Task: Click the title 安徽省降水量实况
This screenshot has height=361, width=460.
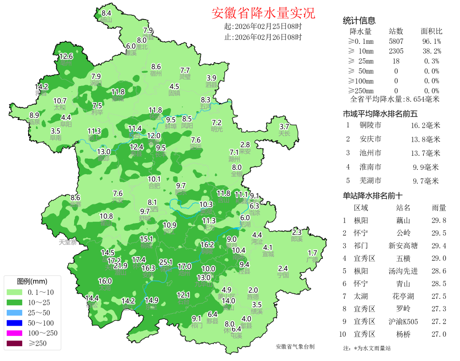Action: (x=263, y=13)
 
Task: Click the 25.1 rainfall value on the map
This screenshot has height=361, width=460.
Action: (x=166, y=262)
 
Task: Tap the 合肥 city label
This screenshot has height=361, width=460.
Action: (x=154, y=186)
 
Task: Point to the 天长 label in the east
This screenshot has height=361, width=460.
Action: (x=284, y=133)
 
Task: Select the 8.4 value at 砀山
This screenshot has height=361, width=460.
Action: (x=106, y=13)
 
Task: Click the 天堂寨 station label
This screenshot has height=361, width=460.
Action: (x=67, y=242)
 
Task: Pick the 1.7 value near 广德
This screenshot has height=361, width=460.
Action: (x=313, y=253)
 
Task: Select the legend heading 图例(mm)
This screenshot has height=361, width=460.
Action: (x=32, y=281)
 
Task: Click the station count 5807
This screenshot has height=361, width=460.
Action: (x=396, y=41)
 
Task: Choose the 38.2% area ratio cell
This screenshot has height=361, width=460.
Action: (x=432, y=51)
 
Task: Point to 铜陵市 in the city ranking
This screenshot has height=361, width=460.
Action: (x=370, y=125)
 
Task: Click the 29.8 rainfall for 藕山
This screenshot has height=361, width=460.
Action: (x=438, y=220)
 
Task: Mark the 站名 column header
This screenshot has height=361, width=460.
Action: (x=403, y=208)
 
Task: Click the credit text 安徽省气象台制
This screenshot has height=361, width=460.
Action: (x=295, y=347)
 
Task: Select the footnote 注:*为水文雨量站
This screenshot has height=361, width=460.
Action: (x=367, y=348)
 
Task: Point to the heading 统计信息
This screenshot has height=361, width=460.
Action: (x=359, y=20)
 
